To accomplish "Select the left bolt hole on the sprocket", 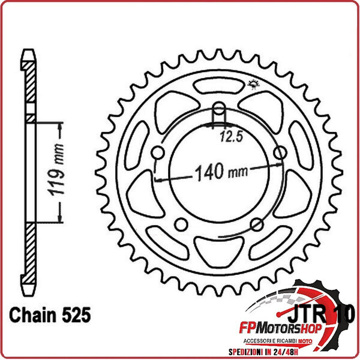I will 158,154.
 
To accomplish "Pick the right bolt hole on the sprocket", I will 279,154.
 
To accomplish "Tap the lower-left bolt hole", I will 181,224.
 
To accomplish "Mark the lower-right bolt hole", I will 257,224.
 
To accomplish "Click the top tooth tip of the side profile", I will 26,55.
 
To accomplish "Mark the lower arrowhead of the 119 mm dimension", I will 60,220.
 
